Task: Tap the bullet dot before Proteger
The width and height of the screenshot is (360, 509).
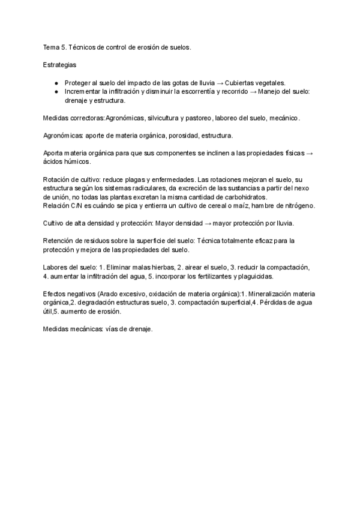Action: pos(56,82)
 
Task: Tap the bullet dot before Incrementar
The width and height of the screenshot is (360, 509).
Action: pos(56,91)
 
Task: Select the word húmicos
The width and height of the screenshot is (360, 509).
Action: pos(76,162)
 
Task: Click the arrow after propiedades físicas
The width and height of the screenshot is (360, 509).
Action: pos(309,153)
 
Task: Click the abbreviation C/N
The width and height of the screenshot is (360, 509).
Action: pos(75,206)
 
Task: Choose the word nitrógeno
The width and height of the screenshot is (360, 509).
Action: pos(297,206)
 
